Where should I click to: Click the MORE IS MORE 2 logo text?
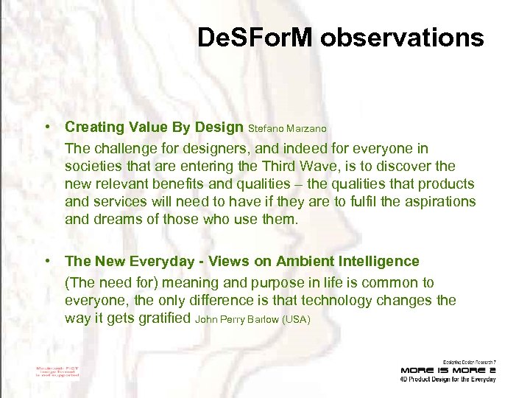click(x=448, y=369)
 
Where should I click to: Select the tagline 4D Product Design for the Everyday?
click(x=448, y=379)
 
